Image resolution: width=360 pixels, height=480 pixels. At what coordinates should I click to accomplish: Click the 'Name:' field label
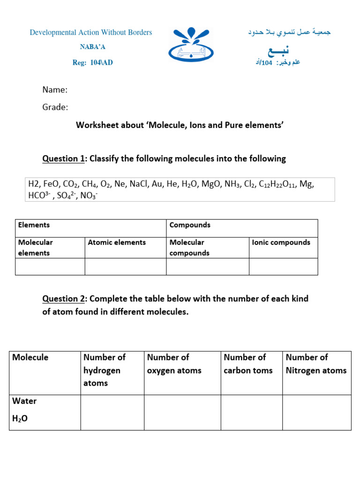tap(55, 90)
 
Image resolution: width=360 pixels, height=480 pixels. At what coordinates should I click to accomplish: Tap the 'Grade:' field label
tap(55, 107)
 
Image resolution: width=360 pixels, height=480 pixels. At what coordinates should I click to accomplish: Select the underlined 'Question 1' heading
tap(60, 159)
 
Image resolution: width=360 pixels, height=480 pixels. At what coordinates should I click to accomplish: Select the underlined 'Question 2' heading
tap(60, 299)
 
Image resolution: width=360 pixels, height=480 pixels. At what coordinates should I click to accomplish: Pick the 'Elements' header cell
tap(34, 225)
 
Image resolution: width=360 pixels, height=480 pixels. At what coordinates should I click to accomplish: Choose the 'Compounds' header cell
tap(190, 225)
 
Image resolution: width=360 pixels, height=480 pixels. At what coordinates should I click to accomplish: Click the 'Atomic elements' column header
tap(117, 242)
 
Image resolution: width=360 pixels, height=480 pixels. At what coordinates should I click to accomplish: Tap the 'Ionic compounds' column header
tap(281, 242)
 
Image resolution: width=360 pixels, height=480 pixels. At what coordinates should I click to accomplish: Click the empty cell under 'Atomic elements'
tap(125, 266)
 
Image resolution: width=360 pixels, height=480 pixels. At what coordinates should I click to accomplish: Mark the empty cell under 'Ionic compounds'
tap(283, 266)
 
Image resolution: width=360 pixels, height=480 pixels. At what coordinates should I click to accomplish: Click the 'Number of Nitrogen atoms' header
tap(316, 364)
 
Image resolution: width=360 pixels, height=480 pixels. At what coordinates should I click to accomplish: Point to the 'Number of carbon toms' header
tap(247, 364)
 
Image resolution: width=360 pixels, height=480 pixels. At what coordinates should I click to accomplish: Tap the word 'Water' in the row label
tap(24, 401)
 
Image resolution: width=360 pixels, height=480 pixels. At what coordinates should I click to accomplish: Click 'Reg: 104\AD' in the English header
tap(92, 63)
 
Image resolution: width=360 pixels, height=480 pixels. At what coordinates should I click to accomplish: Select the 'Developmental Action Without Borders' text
tap(91, 32)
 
